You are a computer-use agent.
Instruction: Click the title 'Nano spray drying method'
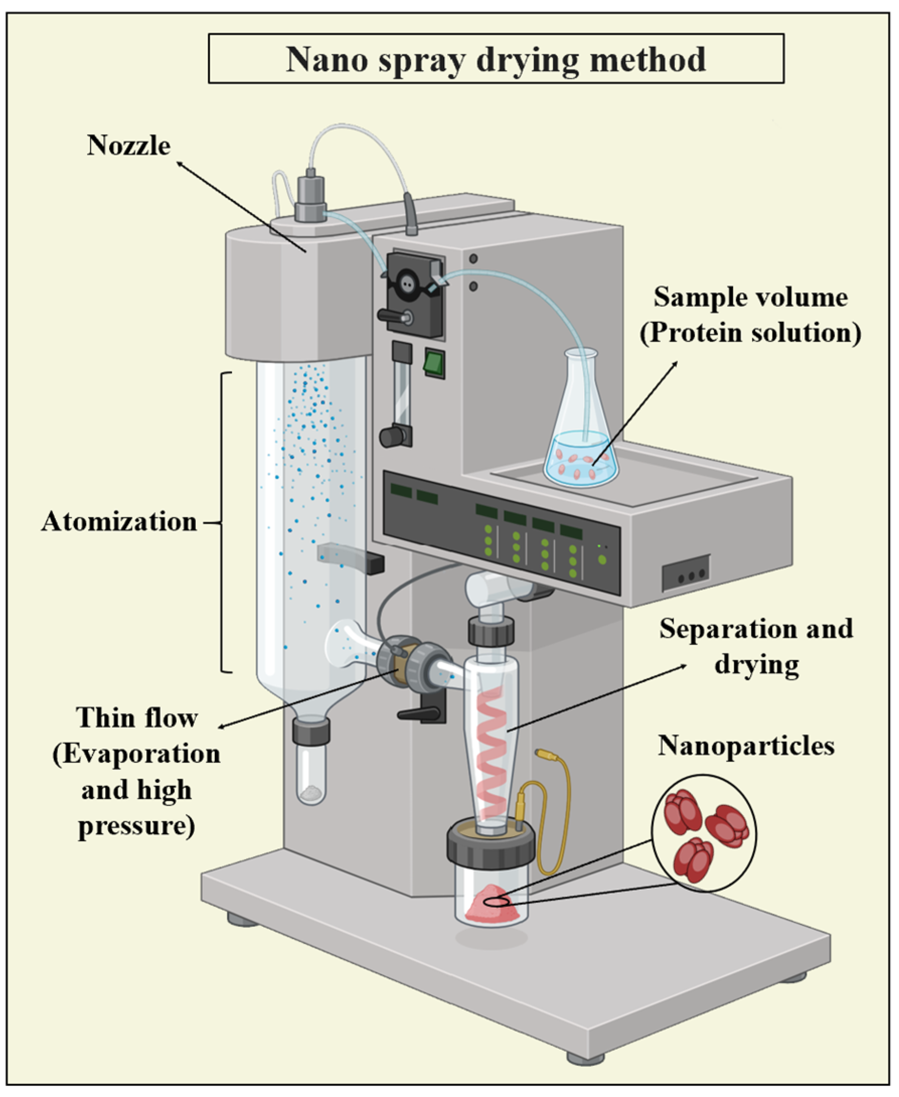click(x=496, y=59)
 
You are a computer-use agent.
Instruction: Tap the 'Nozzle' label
click(x=128, y=145)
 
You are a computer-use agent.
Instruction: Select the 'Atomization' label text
click(x=119, y=521)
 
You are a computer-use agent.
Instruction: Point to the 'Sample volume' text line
click(x=750, y=298)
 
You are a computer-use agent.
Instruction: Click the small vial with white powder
click(x=311, y=777)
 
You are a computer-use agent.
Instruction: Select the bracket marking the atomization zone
click(x=224, y=522)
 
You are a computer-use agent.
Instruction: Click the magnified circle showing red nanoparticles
click(x=704, y=833)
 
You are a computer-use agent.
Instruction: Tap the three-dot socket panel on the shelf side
click(x=685, y=573)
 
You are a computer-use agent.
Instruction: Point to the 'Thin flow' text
click(x=137, y=719)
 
